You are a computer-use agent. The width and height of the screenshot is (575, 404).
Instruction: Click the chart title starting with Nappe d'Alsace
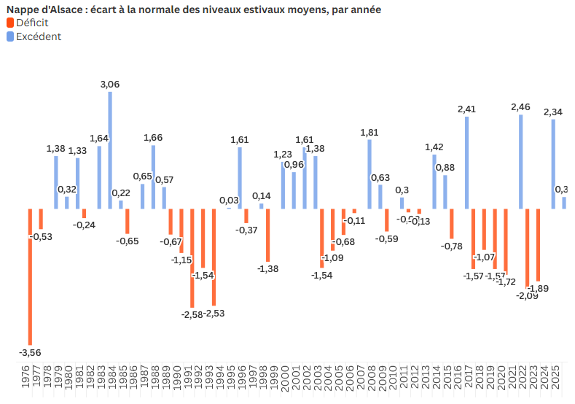193,9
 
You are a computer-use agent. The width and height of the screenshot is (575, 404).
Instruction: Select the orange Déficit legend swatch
10,23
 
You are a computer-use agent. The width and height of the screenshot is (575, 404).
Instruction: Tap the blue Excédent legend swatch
10,36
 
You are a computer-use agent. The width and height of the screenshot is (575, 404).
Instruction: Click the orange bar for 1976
30,276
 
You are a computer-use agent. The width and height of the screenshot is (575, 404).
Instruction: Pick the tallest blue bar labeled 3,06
110,150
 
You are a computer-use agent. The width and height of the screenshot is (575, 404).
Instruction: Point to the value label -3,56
30,353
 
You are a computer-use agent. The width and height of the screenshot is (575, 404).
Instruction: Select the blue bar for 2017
466,163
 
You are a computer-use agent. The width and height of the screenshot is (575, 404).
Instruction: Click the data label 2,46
521,107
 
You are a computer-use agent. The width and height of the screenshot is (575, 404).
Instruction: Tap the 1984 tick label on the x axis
110,379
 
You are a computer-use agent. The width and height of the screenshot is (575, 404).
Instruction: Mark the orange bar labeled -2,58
192,258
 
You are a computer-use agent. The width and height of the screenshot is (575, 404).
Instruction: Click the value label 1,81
369,132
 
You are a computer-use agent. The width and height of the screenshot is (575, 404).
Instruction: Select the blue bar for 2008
369,174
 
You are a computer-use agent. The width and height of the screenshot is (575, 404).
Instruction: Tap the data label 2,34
553,112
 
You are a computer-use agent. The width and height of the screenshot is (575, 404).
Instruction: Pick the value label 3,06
110,85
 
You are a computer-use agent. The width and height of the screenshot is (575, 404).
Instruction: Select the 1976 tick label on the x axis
30,379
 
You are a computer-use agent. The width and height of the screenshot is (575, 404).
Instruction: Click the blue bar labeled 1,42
434,182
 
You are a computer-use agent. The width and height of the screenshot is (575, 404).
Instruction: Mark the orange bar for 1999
268,235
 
